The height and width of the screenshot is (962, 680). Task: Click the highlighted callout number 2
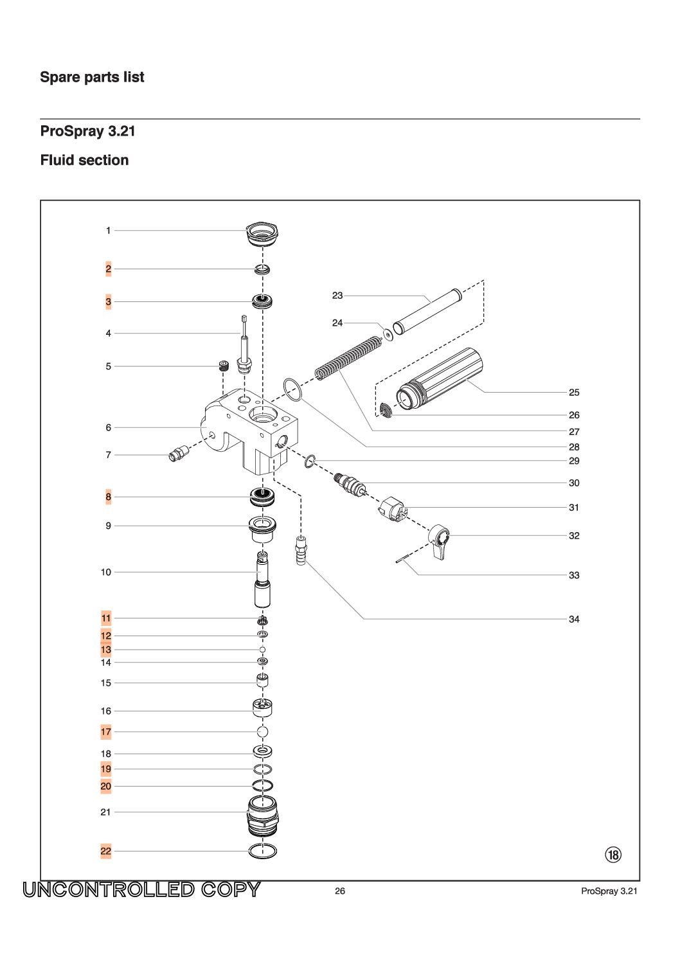tap(108, 269)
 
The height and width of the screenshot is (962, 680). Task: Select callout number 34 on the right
tap(574, 619)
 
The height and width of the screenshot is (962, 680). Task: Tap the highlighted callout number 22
tap(106, 851)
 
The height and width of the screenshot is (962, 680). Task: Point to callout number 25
tap(574, 392)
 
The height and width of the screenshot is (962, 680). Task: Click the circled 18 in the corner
tap(613, 855)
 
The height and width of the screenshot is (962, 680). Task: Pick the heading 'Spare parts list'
tap(92, 77)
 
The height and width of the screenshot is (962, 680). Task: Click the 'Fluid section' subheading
tap(84, 160)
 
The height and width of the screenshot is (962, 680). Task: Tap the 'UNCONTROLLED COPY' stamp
tap(142, 889)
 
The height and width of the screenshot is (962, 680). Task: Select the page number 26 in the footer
tap(340, 891)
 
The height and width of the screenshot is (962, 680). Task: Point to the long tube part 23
tap(427, 312)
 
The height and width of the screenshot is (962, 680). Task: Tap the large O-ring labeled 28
tap(292, 389)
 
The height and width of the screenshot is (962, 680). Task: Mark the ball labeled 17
tap(262, 731)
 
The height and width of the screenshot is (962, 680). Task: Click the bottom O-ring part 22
tap(263, 851)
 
